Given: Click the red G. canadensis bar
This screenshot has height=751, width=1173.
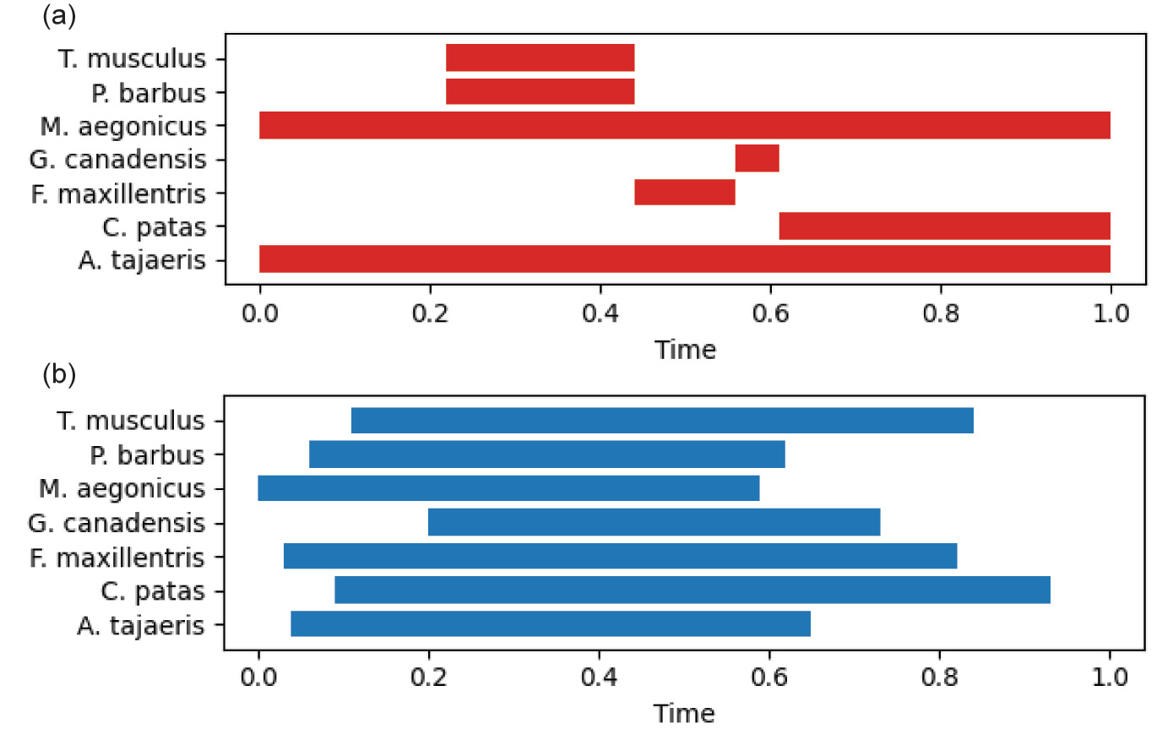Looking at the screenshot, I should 757,159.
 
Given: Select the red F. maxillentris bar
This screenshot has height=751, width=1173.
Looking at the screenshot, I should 684,193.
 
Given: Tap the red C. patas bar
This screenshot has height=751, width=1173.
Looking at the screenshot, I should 944,226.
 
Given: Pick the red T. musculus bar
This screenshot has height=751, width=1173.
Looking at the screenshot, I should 540,58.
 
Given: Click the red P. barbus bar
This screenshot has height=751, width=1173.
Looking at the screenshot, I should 540,92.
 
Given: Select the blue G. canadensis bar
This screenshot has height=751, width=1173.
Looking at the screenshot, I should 654,522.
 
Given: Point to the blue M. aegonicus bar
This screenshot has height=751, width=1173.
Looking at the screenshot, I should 508,488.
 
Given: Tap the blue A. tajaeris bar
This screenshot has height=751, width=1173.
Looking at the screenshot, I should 550,624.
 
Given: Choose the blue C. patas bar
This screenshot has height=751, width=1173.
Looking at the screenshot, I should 692,590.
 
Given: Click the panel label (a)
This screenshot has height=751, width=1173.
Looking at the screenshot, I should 59,15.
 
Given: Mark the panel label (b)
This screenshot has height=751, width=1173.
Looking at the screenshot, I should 59,373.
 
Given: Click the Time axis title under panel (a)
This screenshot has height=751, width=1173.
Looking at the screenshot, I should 685,350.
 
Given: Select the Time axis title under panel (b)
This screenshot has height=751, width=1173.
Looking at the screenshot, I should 684,714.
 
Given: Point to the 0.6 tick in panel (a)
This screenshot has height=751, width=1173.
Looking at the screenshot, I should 770,313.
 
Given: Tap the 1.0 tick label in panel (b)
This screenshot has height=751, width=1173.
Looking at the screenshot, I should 1110,677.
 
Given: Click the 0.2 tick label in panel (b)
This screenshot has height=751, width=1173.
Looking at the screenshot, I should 428,677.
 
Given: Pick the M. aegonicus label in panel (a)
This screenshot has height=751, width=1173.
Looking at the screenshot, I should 123,127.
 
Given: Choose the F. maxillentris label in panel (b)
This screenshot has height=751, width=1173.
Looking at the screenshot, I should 117,558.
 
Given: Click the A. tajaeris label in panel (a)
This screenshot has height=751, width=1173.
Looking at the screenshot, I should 142,260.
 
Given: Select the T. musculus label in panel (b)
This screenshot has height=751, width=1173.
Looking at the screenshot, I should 131,421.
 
